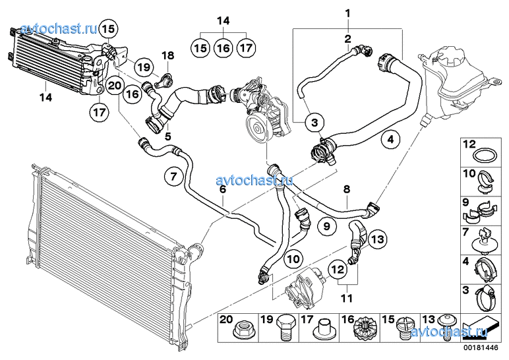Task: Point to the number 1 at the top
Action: [347, 11]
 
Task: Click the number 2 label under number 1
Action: [347, 39]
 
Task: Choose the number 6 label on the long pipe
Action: [223, 189]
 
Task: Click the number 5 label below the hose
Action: [168, 136]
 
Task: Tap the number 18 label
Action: [167, 55]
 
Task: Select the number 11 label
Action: [344, 299]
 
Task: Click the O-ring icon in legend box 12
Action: [484, 156]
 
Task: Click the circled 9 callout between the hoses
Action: [326, 226]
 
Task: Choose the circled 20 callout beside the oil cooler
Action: [115, 85]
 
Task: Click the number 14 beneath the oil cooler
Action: [44, 98]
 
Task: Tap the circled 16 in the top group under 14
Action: [223, 47]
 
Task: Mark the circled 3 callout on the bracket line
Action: [314, 122]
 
